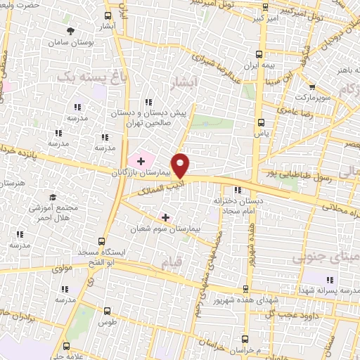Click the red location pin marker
point(181,165)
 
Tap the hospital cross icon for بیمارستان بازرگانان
point(141,162)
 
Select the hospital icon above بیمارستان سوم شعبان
point(165,217)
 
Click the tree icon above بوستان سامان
point(71,30)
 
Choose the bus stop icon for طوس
point(107,310)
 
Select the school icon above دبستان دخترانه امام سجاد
point(238,190)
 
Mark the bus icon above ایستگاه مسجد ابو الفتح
point(104,240)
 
